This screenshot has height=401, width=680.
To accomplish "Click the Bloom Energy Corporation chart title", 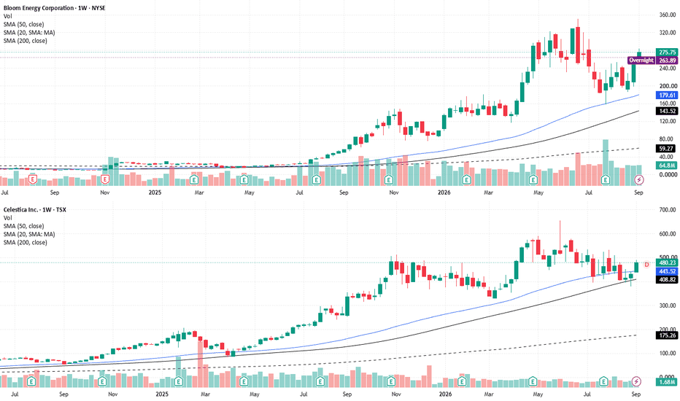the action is click(55, 8).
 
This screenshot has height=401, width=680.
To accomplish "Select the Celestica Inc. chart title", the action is click(35, 209).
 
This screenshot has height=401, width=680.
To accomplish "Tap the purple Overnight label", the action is click(641, 61).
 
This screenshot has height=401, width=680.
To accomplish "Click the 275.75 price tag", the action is click(667, 52).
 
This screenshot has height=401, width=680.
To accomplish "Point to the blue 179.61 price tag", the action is click(667, 95).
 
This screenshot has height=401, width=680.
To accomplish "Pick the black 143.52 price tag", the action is click(667, 111).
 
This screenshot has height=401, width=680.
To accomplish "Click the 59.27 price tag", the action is click(667, 149).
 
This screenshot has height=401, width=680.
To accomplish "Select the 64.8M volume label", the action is click(667, 166).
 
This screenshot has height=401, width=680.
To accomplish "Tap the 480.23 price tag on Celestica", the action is click(667, 262).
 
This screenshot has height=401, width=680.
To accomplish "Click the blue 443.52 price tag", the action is click(667, 271).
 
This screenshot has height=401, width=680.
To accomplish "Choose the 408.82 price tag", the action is click(667, 280).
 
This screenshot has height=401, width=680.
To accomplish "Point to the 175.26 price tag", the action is click(667, 335).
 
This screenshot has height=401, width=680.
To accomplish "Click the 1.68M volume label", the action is click(667, 382).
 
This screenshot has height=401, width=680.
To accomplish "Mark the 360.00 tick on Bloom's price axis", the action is click(668, 15).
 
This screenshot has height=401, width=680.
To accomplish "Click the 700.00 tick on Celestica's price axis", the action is click(668, 210).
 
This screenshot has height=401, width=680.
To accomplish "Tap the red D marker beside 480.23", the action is click(646, 265).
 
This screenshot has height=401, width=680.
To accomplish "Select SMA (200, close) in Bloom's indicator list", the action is click(25, 41).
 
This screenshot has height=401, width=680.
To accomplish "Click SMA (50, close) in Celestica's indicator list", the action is click(23, 226).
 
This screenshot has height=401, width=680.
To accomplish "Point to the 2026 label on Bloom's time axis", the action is click(444, 192).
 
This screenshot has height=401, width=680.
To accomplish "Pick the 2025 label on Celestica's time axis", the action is click(162, 394).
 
